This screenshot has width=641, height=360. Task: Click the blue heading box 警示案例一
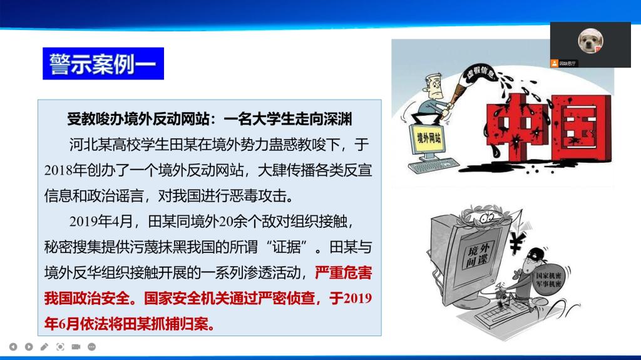103,63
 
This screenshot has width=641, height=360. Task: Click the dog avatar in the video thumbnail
590,41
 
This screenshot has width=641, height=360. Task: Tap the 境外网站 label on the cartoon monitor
429,138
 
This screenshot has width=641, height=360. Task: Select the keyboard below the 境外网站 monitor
433,165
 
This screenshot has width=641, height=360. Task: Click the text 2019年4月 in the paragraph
101,221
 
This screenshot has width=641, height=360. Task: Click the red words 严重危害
344,272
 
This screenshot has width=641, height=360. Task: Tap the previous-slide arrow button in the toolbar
13,347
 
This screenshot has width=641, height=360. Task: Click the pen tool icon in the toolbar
44,347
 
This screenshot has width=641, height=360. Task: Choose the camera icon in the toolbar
76,347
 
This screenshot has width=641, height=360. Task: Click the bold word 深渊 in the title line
337,119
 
